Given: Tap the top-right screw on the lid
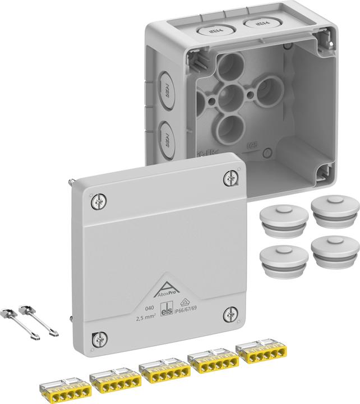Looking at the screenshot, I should pyautogui.click(x=230, y=178).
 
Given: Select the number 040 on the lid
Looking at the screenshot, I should pyautogui.click(x=134, y=308).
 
